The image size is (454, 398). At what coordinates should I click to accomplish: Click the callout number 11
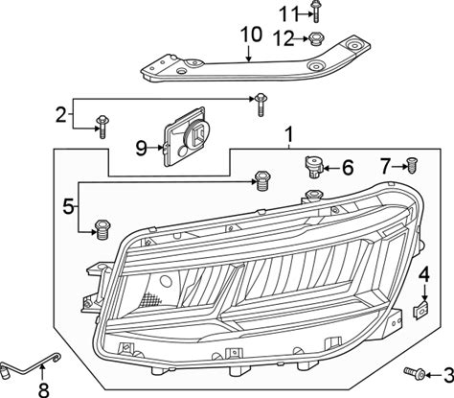289,14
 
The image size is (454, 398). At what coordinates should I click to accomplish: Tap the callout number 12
283,39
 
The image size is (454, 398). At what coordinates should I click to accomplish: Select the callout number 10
251,35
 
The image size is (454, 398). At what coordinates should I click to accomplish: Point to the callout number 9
141,149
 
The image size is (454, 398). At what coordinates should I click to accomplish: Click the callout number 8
43,390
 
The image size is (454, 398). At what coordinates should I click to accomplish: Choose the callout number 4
424,275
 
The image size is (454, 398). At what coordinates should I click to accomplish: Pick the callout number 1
288,134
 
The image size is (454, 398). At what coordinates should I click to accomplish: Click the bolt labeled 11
315,12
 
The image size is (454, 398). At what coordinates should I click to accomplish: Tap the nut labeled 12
315,39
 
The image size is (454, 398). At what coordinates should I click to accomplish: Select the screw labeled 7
412,166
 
